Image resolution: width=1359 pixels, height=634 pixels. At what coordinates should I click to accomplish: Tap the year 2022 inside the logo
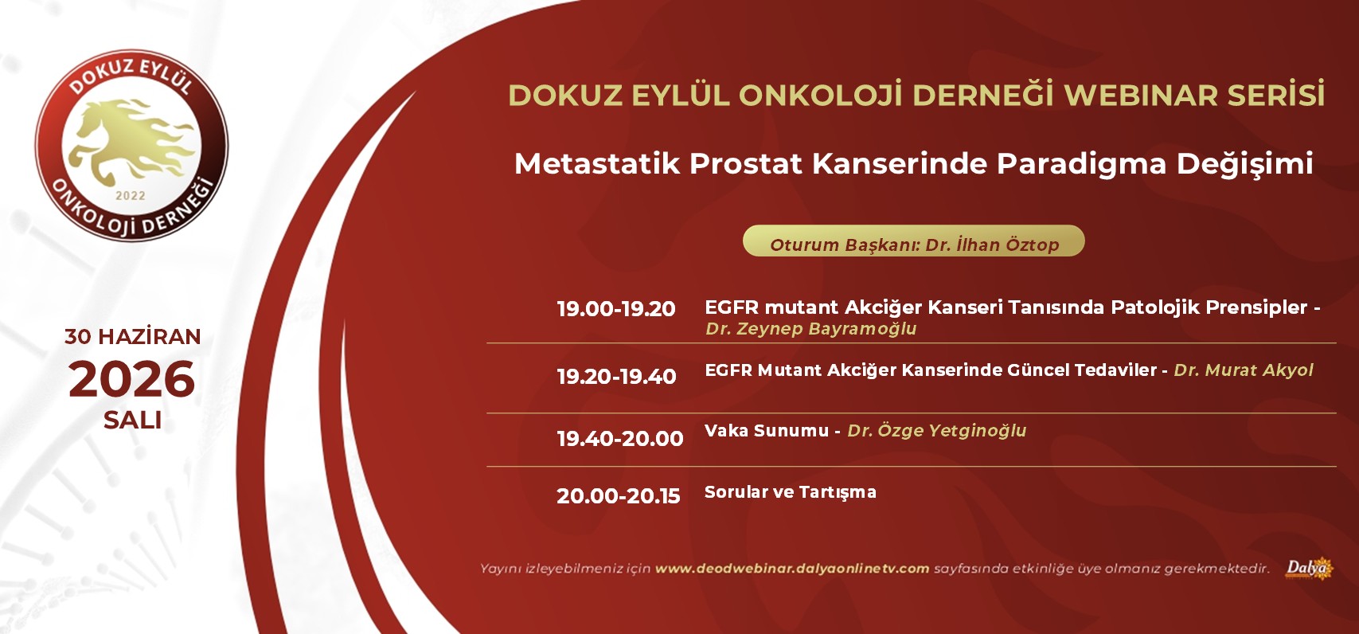click(131, 196)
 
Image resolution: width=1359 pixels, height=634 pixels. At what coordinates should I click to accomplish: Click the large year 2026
click(131, 379)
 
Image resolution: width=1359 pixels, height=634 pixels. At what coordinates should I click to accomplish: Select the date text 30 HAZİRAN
click(132, 336)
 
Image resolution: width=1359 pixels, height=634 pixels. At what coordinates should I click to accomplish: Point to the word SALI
click(132, 420)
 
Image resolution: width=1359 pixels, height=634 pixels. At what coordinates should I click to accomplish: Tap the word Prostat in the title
click(746, 163)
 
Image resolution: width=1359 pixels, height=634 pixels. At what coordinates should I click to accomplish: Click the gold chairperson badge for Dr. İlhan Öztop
click(914, 241)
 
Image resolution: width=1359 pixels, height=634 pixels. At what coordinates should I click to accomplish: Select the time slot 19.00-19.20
click(616, 309)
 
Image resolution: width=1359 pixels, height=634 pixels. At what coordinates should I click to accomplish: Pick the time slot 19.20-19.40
click(616, 376)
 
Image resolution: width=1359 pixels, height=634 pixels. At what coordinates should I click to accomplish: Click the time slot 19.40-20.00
click(620, 438)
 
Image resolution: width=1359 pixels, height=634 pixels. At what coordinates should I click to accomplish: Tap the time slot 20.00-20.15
click(619, 495)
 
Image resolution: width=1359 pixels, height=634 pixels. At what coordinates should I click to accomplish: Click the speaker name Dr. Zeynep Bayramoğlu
click(810, 329)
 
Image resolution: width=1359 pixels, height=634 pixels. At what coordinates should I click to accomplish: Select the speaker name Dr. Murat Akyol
click(1243, 370)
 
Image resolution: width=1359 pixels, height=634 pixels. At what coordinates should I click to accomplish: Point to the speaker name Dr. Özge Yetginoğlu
click(937, 431)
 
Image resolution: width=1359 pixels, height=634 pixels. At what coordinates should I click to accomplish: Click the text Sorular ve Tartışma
click(790, 492)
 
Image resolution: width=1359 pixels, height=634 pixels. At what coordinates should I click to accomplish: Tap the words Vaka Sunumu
click(766, 431)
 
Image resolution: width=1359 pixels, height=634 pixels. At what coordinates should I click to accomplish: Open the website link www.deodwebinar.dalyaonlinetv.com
click(792, 569)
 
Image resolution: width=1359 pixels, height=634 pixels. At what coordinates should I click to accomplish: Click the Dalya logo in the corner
click(1309, 569)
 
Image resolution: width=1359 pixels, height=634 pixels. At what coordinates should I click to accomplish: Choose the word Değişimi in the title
click(1245, 164)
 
